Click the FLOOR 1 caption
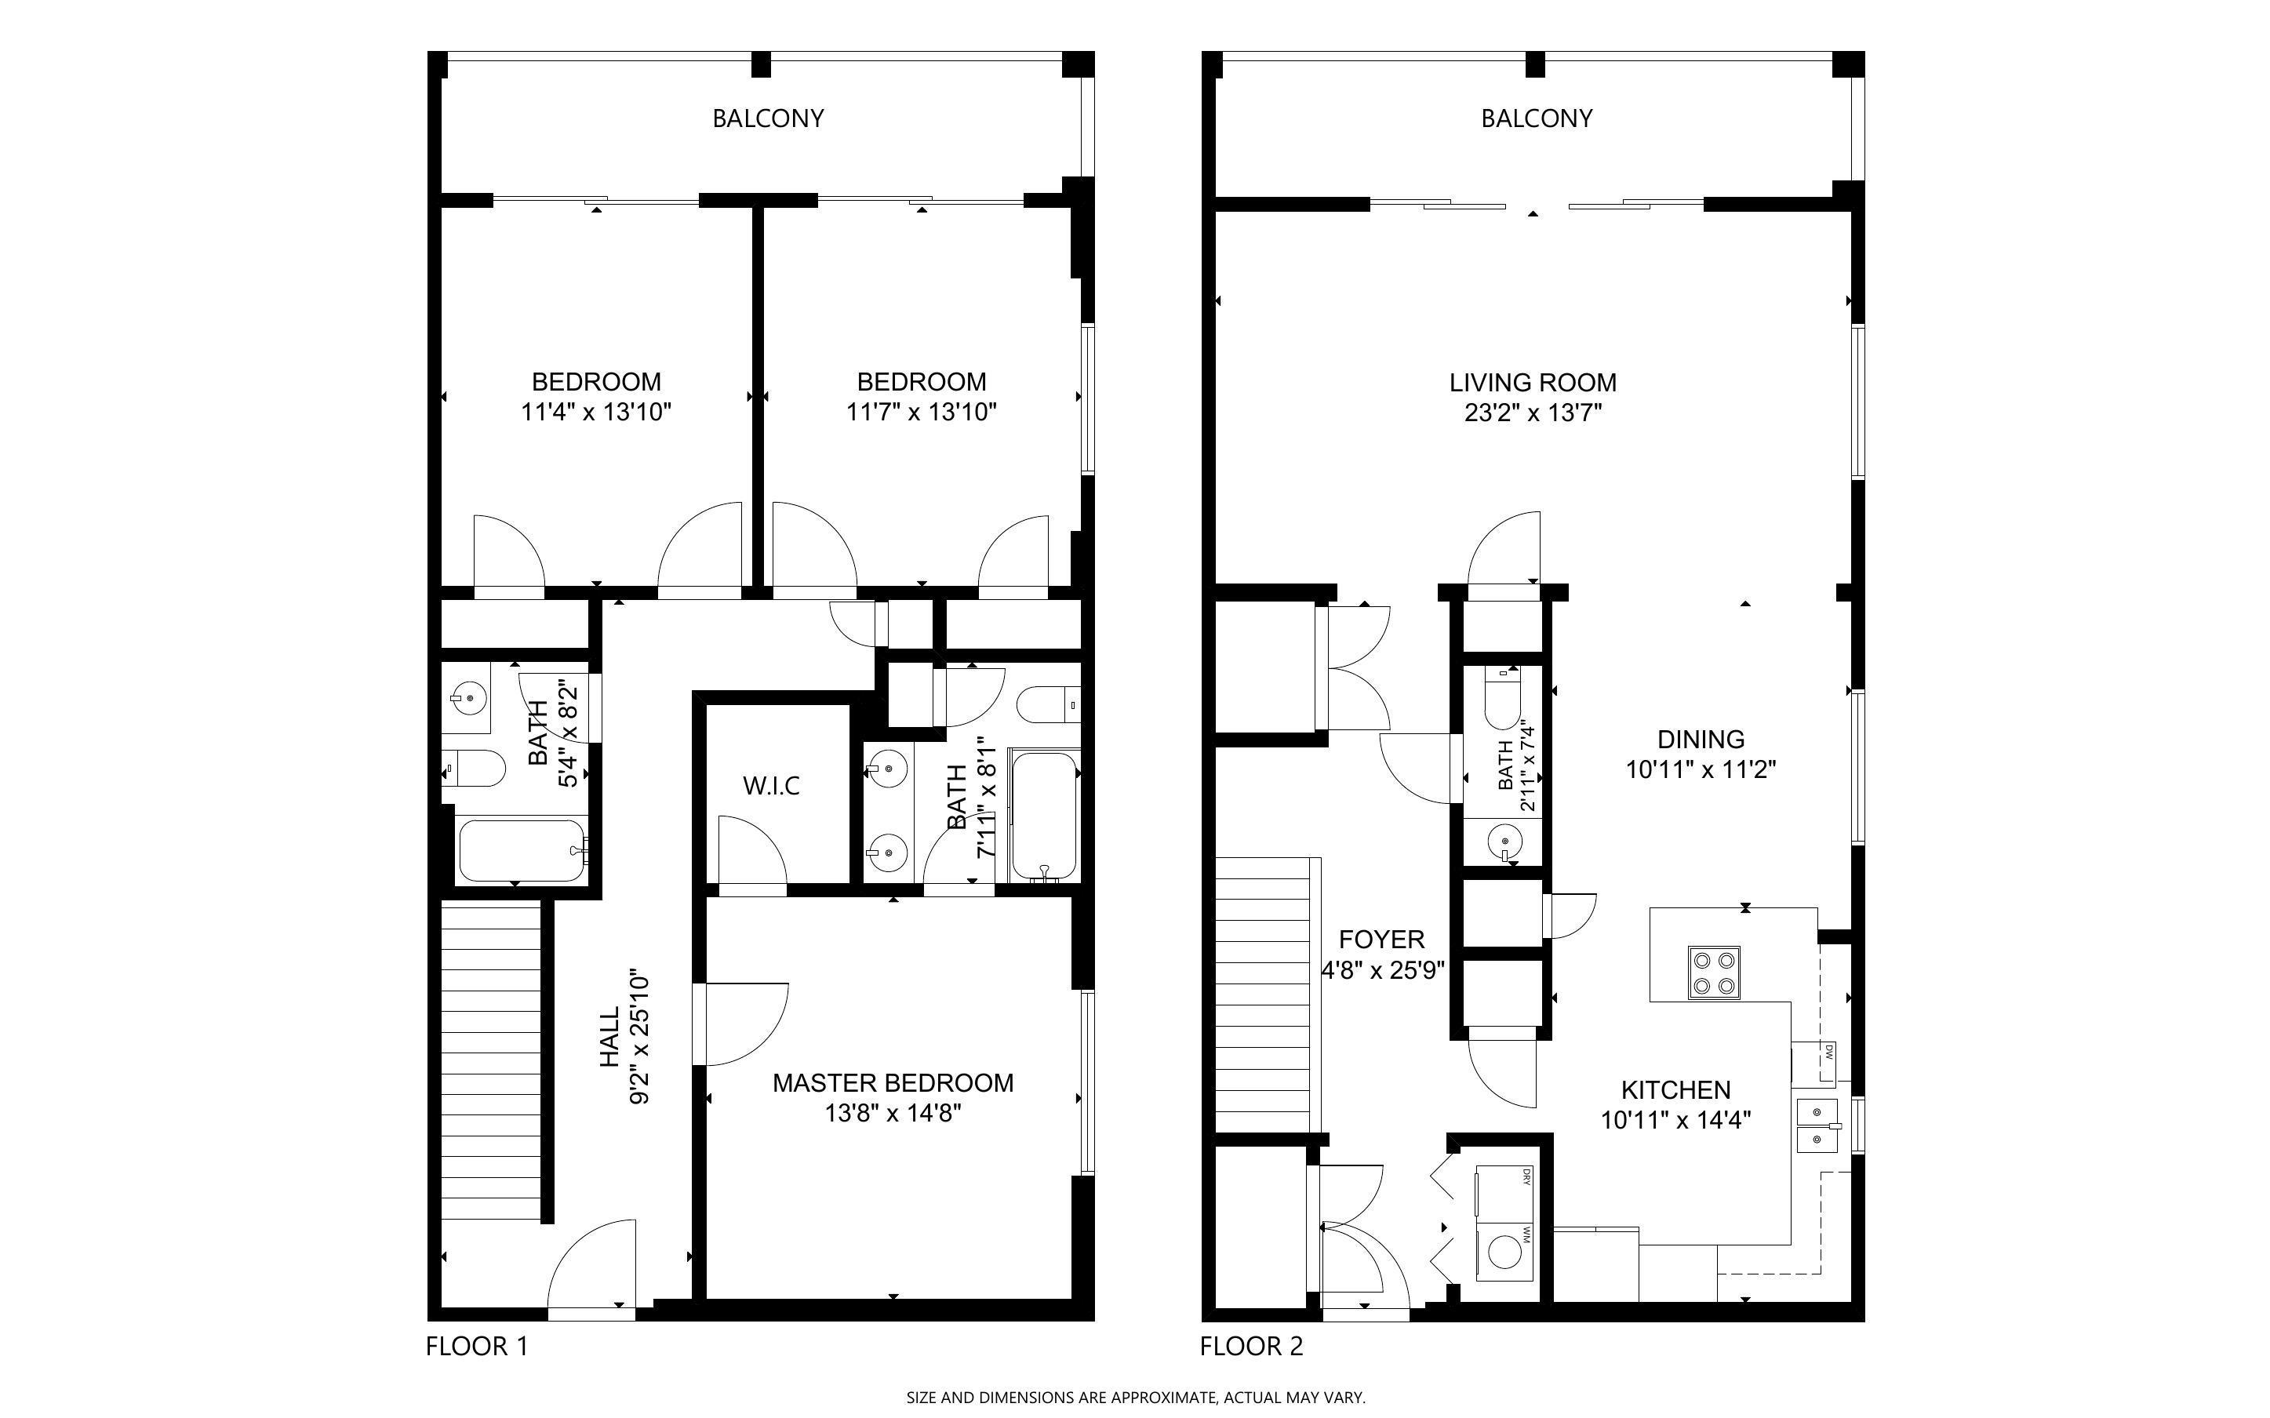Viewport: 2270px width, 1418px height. click(x=476, y=1346)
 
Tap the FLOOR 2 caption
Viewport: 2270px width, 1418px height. click(x=1251, y=1346)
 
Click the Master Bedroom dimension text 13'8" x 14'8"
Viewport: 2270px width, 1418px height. click(x=893, y=1113)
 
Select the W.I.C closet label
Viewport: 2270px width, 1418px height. click(x=771, y=786)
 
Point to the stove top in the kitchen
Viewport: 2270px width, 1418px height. click(x=1714, y=973)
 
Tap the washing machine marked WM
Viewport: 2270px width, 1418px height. click(x=1504, y=1253)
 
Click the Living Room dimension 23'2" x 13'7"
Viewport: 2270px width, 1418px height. click(x=1533, y=413)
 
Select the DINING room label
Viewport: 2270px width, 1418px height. click(x=1700, y=739)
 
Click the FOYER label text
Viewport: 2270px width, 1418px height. click(x=1381, y=940)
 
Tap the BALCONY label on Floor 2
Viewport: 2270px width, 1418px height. click(x=1536, y=118)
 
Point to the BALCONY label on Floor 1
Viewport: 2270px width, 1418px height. click(x=768, y=118)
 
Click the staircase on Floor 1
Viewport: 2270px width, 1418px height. click(x=490, y=1060)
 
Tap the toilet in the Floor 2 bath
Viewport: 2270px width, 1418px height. click(x=1503, y=704)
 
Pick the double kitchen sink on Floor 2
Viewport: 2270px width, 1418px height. click(x=1815, y=1125)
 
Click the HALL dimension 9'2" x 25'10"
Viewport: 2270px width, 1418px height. click(x=639, y=1036)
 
